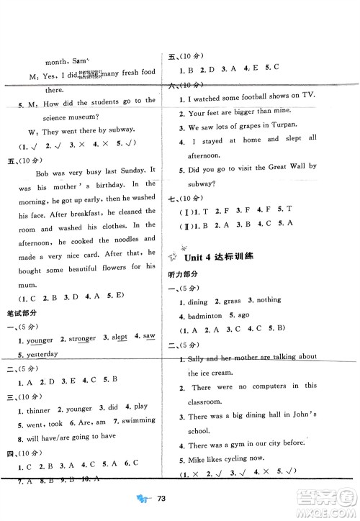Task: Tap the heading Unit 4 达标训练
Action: pos(222,257)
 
